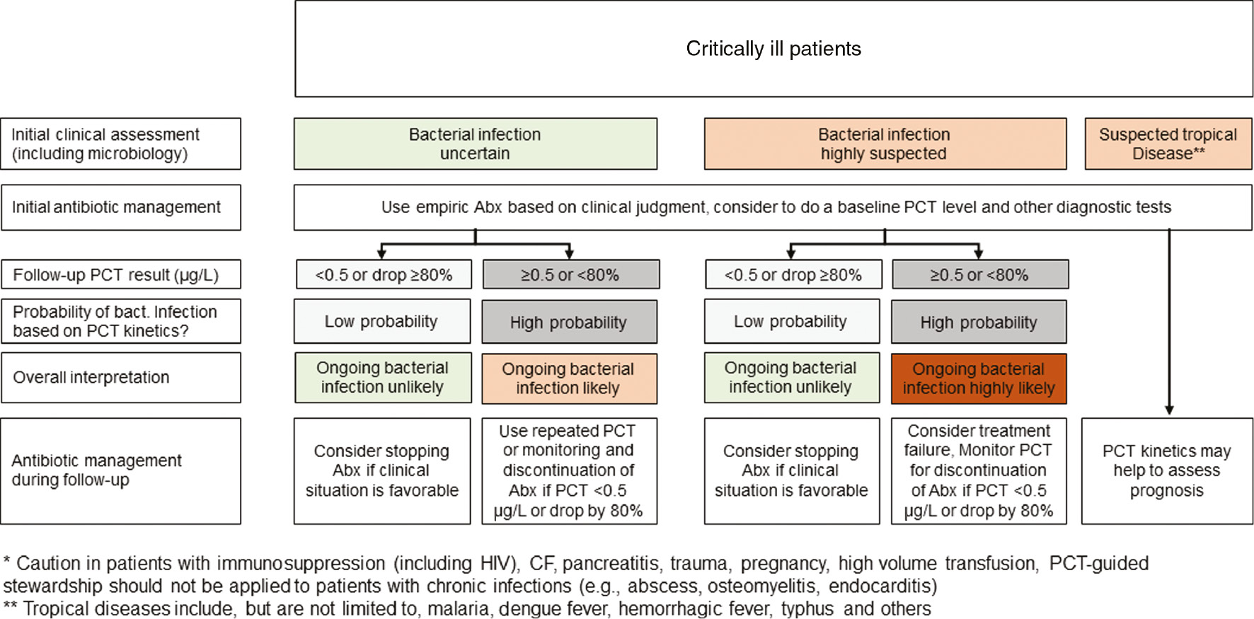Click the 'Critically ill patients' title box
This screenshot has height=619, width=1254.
(x=773, y=49)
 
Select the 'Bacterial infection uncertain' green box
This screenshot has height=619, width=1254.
(x=475, y=144)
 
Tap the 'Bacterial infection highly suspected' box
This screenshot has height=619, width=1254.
(x=885, y=144)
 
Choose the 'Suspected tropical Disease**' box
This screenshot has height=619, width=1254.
(x=1168, y=144)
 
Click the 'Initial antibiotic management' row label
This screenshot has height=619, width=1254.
(x=120, y=207)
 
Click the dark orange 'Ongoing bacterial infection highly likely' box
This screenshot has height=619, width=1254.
(x=979, y=378)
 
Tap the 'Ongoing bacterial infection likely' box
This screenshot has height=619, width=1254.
(x=569, y=378)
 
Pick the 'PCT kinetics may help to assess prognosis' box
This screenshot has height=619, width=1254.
(x=1167, y=470)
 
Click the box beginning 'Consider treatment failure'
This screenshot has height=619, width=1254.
(x=979, y=470)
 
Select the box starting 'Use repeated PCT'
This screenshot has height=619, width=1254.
(x=569, y=470)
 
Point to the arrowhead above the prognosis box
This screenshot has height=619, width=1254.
(x=1169, y=410)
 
